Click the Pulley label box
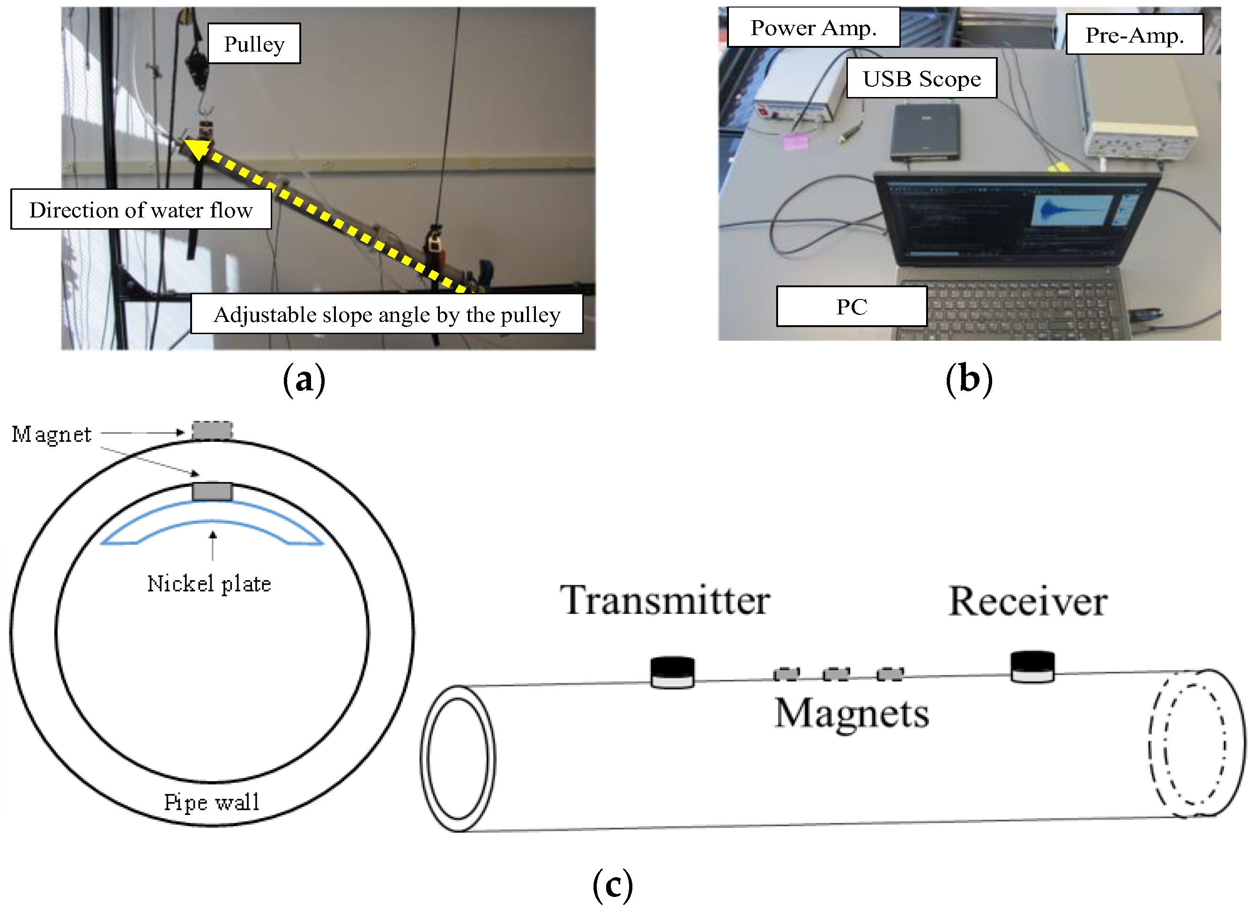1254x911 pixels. tap(254, 44)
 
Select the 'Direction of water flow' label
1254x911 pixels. tap(141, 209)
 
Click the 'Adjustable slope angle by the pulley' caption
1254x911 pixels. tap(386, 314)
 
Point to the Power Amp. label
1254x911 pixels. tap(813, 28)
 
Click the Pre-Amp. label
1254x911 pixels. tap(1134, 35)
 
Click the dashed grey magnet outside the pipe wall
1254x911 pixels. tap(212, 431)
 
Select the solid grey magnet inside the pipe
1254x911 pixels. tap(212, 492)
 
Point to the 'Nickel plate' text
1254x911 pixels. tap(209, 584)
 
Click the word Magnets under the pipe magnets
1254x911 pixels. tap(852, 714)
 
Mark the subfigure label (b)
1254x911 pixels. tap(969, 380)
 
